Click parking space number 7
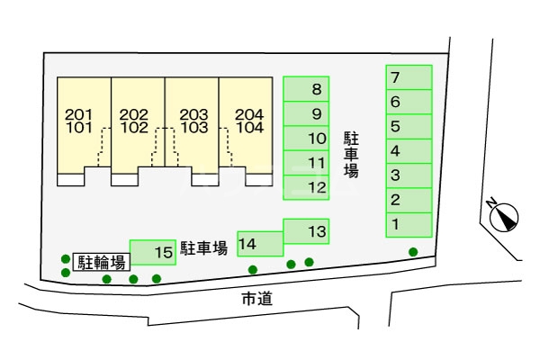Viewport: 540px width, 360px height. [x=409, y=77]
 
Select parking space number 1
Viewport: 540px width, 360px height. [x=409, y=224]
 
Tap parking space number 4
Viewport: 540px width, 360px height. [x=409, y=151]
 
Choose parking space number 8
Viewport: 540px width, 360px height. [x=306, y=88]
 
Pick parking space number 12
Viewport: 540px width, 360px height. [x=306, y=187]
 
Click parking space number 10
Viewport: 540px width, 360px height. [x=306, y=139]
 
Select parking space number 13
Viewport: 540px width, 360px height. [x=306, y=231]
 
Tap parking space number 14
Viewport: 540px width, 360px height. [x=259, y=243]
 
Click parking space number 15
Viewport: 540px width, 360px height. [x=152, y=253]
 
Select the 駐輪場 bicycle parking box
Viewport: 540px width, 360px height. [x=100, y=263]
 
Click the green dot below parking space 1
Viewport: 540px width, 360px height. [x=413, y=252]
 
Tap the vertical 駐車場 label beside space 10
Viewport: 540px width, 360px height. [x=351, y=154]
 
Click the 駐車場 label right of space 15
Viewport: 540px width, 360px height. [x=203, y=247]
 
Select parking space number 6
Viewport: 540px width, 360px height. [x=409, y=102]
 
